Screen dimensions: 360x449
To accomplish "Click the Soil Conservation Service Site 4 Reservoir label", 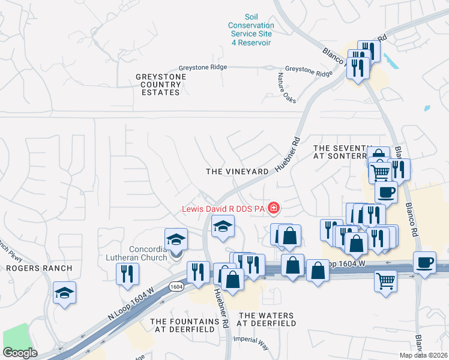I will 251,30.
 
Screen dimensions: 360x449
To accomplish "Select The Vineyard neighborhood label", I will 237,172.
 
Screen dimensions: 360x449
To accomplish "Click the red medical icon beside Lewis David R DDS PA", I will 274,208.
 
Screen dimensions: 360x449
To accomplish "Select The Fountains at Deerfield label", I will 182,326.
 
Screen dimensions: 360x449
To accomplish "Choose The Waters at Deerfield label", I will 266,319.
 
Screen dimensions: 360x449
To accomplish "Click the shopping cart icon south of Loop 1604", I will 385,280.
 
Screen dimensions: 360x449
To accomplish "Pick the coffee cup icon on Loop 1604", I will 424,263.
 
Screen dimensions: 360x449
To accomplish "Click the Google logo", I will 20,353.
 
